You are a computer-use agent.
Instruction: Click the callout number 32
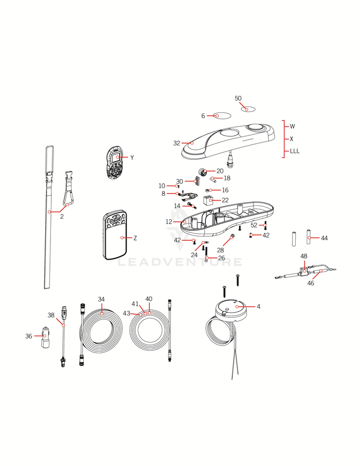[177, 143]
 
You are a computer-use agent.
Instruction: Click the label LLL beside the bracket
[295, 151]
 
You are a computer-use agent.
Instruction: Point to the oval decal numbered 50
[248, 109]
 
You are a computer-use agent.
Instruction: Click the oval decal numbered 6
[222, 116]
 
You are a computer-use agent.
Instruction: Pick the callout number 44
[325, 238]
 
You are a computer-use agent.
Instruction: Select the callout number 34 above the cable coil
[101, 299]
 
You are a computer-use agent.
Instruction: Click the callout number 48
[304, 256]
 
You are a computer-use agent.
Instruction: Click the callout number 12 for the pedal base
[169, 222]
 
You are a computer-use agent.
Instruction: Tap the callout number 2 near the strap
[61, 216]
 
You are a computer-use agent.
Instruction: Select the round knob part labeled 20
[203, 172]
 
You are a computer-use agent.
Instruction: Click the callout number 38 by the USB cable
[51, 315]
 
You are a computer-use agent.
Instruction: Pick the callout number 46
[311, 283]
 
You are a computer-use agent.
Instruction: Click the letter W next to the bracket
[292, 126]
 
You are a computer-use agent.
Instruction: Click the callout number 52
[254, 225]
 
